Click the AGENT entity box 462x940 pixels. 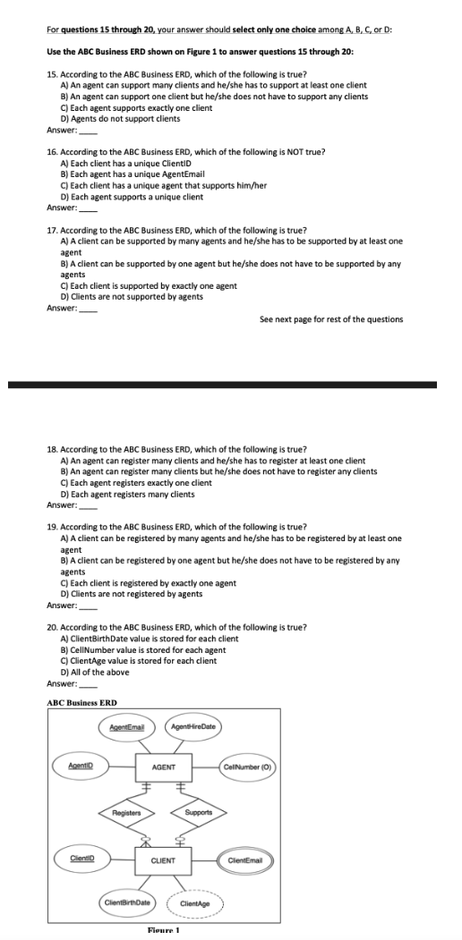click(163, 766)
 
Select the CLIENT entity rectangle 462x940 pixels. click(163, 860)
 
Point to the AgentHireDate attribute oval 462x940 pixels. click(197, 724)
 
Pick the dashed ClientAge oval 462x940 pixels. click(196, 904)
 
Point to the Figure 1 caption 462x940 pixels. click(164, 934)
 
